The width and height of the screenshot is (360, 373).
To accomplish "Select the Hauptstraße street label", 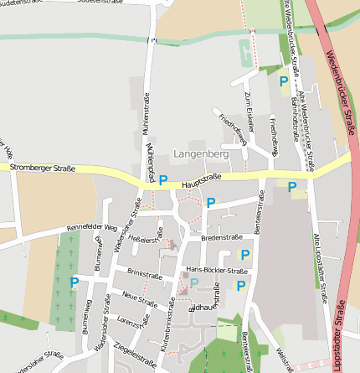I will click(x=201, y=177).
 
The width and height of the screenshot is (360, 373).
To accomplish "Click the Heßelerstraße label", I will click(x=147, y=241).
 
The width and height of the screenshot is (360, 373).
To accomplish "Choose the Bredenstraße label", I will click(x=222, y=238).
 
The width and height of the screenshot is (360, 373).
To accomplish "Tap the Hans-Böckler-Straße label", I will click(x=216, y=272).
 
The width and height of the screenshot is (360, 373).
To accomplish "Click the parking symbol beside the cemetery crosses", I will click(x=74, y=282).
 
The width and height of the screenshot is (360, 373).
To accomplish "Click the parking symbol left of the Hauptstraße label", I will click(x=163, y=179).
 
